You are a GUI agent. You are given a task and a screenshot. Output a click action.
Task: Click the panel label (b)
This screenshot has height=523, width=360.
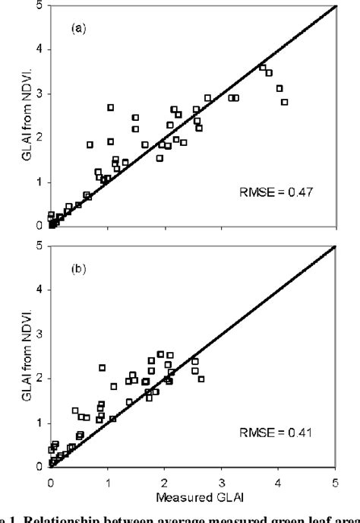(79, 268)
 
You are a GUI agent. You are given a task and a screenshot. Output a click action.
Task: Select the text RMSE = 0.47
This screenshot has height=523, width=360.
(286, 193)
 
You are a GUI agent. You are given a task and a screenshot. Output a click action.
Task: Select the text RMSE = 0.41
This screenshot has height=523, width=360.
(286, 434)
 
